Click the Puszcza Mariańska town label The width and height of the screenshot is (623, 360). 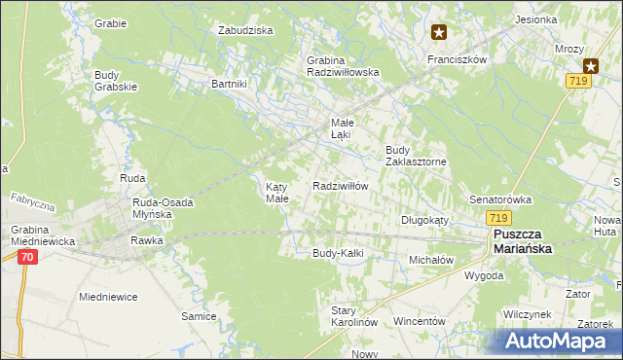coord(522,241)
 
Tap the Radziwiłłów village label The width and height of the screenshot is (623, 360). coord(340,186)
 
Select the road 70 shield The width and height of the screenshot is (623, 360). coord(27,257)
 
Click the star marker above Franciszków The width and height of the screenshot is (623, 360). coord(439,32)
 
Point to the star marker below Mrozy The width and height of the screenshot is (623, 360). coord(590,65)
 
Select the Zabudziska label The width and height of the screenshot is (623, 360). coord(245,30)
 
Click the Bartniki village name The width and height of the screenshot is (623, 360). coord(230,84)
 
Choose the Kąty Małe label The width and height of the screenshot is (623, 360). coord(277,192)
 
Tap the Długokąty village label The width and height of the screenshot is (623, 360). coord(424,220)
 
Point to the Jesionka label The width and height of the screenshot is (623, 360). coord(564,19)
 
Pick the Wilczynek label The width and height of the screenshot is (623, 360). coord(528,314)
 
